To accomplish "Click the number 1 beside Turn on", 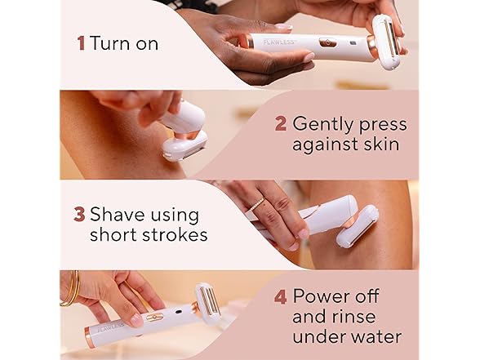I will click(x=81, y=44).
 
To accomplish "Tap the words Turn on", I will click(x=124, y=44).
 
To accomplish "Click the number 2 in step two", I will click(x=280, y=124).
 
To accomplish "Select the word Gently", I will click(x=324, y=124).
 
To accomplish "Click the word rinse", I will click(x=367, y=315).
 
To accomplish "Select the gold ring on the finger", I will click(x=256, y=206).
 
